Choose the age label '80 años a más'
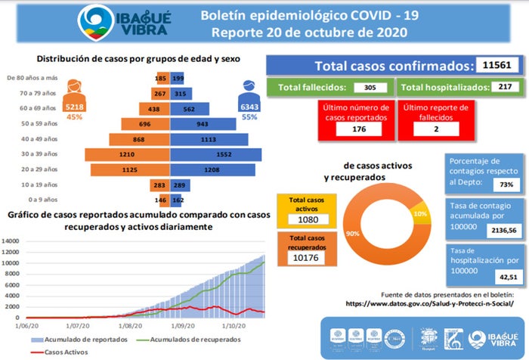(x=32, y=78)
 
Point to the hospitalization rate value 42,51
(x=498, y=276)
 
